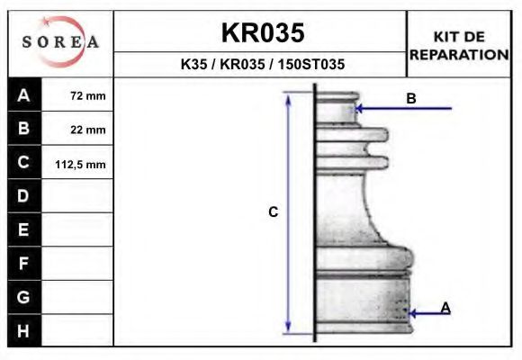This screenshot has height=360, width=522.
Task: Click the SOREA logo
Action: pyautogui.click(x=60, y=43)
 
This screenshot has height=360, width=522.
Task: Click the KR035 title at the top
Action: pyautogui.click(x=263, y=32)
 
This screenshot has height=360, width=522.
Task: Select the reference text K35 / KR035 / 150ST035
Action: pyautogui.click(x=263, y=65)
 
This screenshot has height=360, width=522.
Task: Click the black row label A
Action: pyautogui.click(x=23, y=95)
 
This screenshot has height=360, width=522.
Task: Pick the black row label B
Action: pyautogui.click(x=23, y=129)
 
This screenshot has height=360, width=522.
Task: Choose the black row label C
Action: pyautogui.click(x=23, y=163)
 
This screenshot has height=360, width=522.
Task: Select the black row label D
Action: pyautogui.click(x=23, y=196)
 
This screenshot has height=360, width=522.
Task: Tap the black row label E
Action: pyautogui.click(x=23, y=229)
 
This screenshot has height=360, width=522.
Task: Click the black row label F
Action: pyautogui.click(x=23, y=263)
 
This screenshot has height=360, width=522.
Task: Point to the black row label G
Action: pyautogui.click(x=23, y=296)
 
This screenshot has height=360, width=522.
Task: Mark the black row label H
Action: pyautogui.click(x=23, y=330)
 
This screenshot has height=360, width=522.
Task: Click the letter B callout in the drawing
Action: pyautogui.click(x=411, y=98)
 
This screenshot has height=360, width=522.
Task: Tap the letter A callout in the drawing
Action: pyautogui.click(x=445, y=308)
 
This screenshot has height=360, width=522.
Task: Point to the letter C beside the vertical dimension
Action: pyautogui.click(x=274, y=212)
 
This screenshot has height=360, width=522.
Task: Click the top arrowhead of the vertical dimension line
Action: pyautogui.click(x=288, y=97)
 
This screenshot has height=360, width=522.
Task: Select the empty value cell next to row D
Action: pyautogui.click(x=79, y=196)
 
